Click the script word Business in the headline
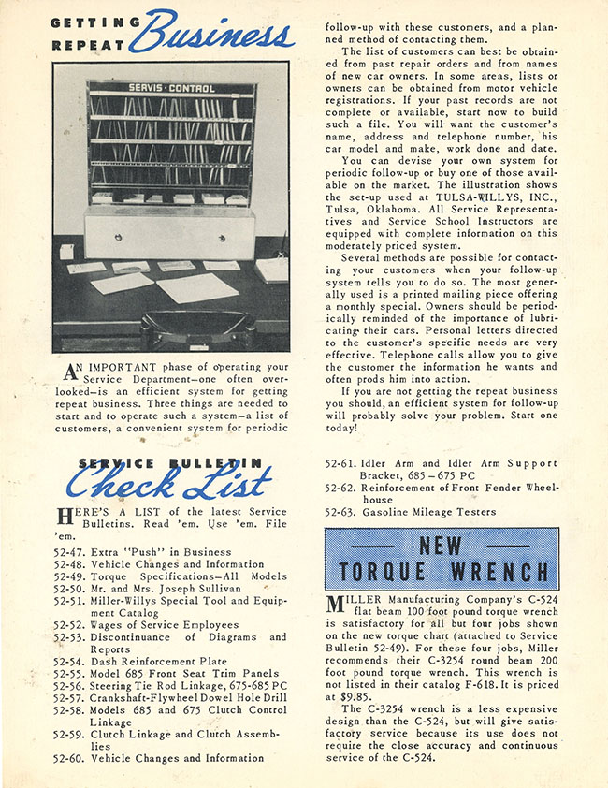tap(213, 34)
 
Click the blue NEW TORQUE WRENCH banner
tap(442, 559)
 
